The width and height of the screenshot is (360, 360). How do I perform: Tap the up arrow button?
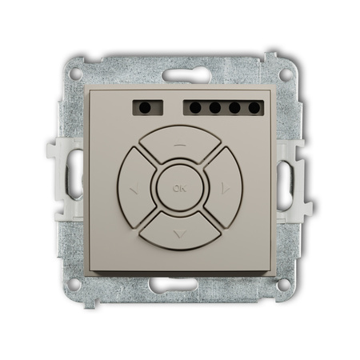tap(180, 142)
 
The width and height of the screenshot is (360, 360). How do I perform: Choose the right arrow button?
tap(224, 188)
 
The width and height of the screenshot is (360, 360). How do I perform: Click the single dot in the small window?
tap(145, 108)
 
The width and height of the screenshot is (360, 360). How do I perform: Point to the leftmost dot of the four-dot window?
tap(195, 108)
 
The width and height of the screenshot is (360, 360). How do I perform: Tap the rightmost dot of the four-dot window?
tap(254, 108)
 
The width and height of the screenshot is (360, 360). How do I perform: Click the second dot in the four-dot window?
tap(215, 108)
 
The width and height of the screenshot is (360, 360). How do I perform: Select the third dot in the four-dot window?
tap(234, 108)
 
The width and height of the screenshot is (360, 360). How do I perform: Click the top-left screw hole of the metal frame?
tap(76, 74)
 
